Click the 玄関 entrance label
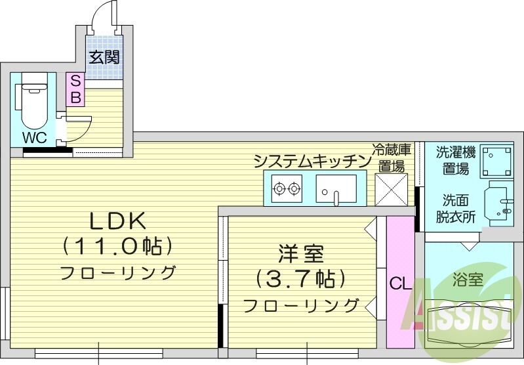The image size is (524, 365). tap(104, 57)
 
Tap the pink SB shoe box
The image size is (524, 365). tap(75, 89)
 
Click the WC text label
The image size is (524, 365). tap(33, 139)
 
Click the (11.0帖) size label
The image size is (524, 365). tap(118, 246)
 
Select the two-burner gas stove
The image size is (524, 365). tap(287, 189)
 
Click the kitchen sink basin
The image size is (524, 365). tap(336, 189)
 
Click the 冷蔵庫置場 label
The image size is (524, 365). tap(392, 158)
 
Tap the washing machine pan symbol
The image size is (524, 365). tap(498, 160)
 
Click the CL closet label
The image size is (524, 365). tap(400, 284)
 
